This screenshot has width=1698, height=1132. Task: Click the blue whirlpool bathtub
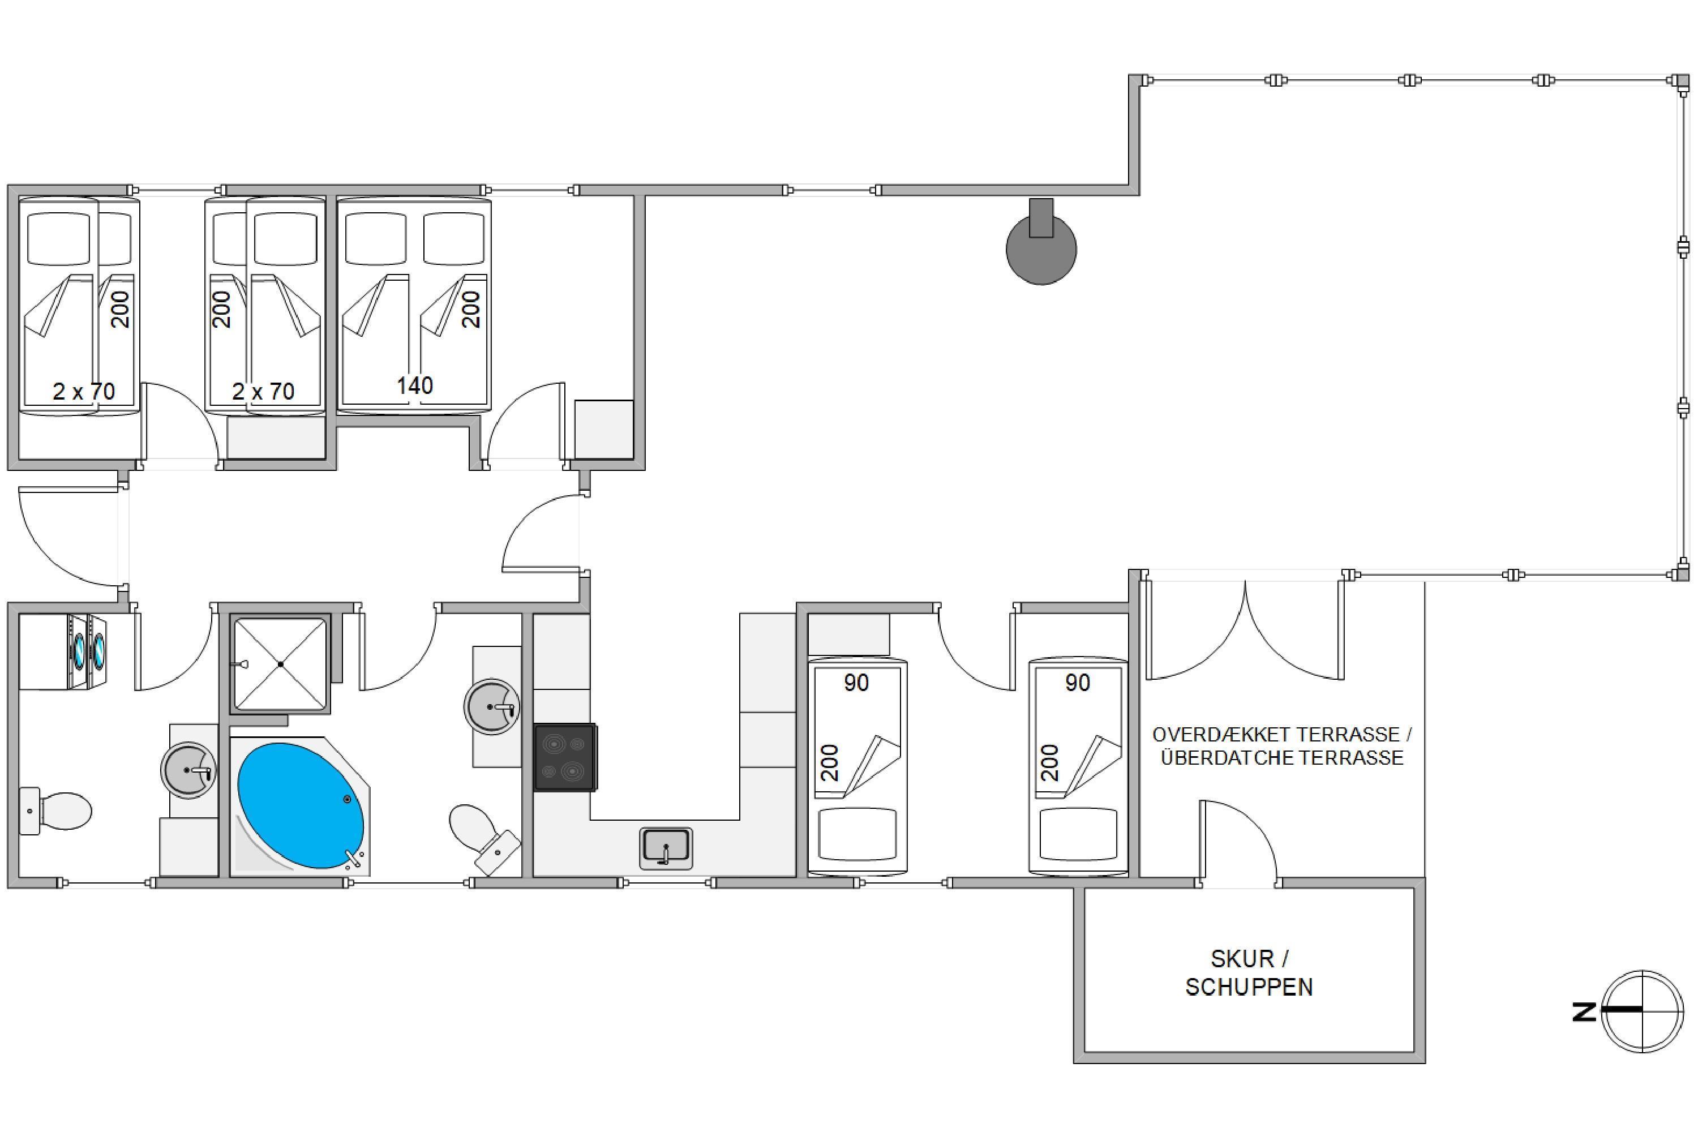click(301, 805)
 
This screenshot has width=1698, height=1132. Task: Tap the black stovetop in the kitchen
click(564, 757)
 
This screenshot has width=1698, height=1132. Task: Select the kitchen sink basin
click(666, 847)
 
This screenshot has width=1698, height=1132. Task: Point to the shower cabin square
click(280, 663)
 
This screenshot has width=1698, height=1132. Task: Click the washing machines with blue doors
click(87, 651)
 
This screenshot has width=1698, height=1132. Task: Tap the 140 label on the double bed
click(414, 385)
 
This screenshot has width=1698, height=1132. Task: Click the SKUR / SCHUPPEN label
click(1249, 972)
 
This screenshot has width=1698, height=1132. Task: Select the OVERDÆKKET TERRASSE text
click(1281, 735)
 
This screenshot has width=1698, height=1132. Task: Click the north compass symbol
click(1642, 1011)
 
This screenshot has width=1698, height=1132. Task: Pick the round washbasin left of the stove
click(492, 707)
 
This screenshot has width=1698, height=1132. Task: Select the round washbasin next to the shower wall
click(189, 770)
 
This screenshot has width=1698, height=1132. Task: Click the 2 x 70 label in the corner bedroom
click(84, 391)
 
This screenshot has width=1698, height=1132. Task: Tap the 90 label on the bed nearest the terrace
click(1077, 683)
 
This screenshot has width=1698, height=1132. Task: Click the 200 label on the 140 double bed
click(471, 310)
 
